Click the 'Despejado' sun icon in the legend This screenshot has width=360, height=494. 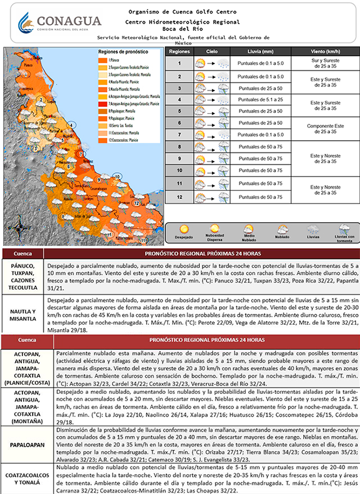pos(183,230)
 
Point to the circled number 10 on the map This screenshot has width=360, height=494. pos(117,177)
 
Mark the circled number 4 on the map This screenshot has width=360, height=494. pos(71,125)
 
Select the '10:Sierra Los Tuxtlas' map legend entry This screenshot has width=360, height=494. pos(118,125)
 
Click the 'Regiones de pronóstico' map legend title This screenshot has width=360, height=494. pos(123,51)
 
